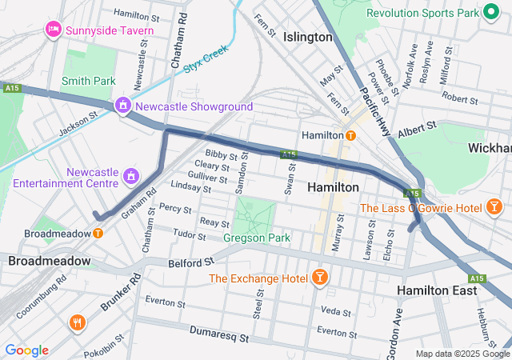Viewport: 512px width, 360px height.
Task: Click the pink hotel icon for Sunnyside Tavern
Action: [54, 29]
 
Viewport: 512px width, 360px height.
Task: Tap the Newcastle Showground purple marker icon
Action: [123, 106]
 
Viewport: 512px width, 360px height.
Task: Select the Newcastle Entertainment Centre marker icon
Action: [131, 174]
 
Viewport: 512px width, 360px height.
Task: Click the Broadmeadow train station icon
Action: [98, 234]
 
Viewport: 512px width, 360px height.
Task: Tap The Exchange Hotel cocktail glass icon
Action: [320, 278]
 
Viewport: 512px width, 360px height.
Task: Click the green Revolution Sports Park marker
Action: [487, 14]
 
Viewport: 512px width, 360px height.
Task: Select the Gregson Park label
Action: [258, 238]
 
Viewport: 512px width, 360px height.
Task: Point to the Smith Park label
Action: [88, 81]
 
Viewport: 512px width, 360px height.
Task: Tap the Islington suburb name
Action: [307, 37]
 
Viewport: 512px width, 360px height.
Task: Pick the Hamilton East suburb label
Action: [437, 290]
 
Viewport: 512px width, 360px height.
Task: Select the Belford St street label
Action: [192, 262]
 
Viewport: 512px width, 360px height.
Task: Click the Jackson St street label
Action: [78, 122]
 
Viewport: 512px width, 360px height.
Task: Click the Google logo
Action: [26, 350]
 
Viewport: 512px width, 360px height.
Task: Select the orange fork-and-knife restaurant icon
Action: [78, 323]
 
